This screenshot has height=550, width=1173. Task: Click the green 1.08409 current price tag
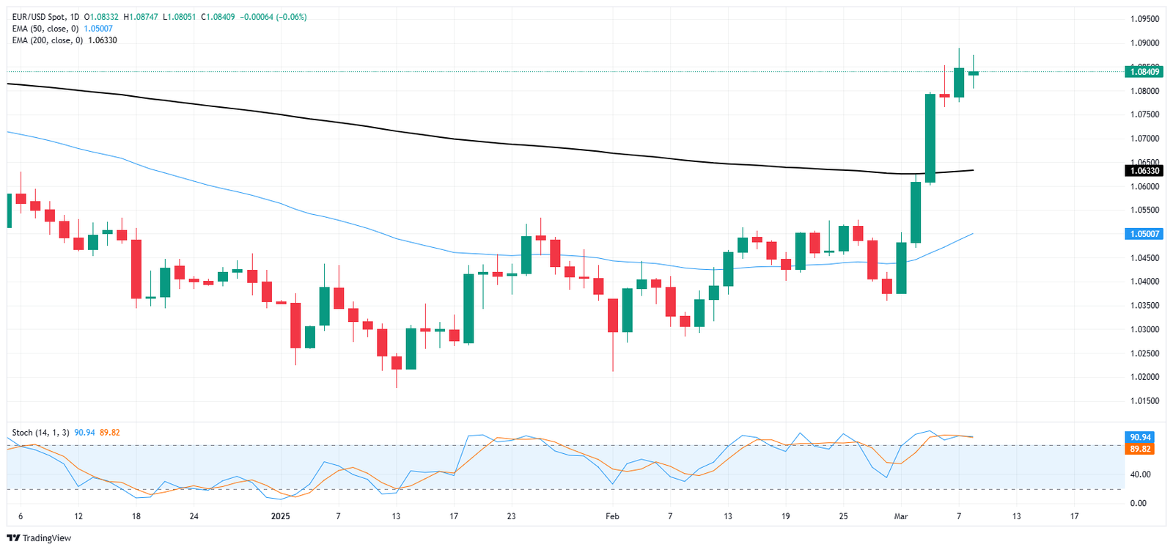(1144, 72)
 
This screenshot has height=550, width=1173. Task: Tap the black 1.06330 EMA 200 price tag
(1144, 171)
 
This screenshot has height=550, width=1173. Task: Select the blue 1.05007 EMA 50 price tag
(1144, 234)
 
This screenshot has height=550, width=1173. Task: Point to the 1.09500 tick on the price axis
(1144, 19)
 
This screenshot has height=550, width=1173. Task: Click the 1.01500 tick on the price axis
(1144, 401)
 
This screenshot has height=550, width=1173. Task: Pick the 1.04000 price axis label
(1144, 282)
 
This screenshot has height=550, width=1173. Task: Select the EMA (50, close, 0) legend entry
(45, 29)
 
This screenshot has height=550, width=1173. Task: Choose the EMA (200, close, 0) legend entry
(47, 40)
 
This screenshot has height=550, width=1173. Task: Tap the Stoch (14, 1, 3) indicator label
(40, 433)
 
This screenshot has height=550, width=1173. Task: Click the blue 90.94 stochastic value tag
(1140, 437)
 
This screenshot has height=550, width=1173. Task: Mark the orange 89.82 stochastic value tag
(1140, 449)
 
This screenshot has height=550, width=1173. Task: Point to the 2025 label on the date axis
(280, 516)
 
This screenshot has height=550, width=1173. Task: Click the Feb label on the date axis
(612, 516)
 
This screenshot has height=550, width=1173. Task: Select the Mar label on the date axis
(901, 516)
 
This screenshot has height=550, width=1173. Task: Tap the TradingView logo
(40, 538)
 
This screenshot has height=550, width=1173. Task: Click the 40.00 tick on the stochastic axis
(1139, 474)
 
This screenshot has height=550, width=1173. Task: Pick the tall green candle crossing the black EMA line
(930, 138)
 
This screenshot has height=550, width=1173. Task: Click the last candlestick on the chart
(974, 73)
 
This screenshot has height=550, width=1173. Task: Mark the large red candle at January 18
(136, 268)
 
